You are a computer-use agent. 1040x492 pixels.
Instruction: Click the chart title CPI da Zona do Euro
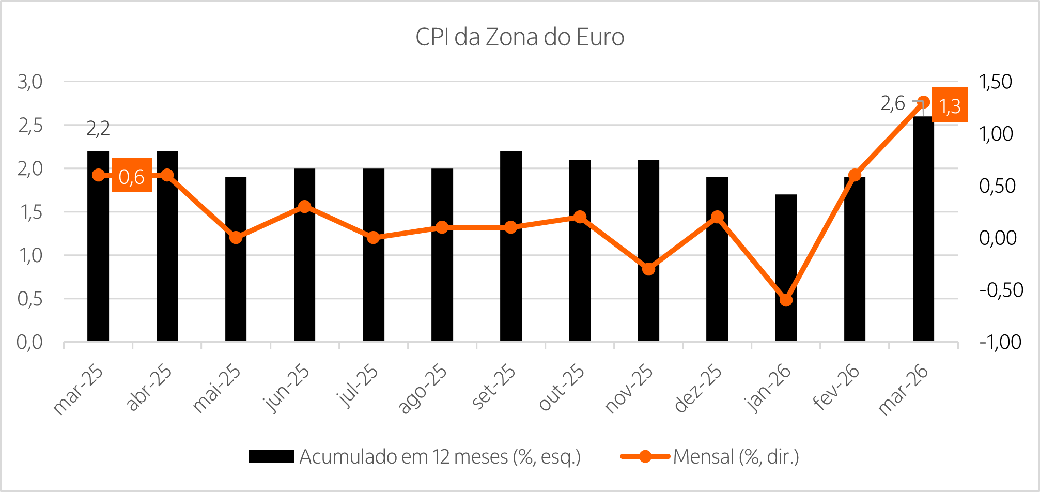pos(520,37)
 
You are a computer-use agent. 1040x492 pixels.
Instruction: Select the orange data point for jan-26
pos(786,300)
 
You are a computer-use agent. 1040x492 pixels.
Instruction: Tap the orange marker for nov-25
pos(648,269)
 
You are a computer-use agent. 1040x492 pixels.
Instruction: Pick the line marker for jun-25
pos(305,207)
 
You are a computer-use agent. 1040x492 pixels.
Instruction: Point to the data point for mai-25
pos(236,238)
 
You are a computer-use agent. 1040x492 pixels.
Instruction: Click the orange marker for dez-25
pos(717,217)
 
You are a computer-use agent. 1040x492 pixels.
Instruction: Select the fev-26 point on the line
pos(855,175)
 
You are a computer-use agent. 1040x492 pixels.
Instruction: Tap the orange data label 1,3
pos(950,105)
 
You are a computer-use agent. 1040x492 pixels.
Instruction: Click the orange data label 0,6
pos(132,176)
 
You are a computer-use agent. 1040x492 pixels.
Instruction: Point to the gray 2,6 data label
pos(893,103)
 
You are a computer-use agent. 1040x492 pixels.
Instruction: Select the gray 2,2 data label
pos(98,129)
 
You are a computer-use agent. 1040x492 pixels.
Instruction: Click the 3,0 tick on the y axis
pos(30,82)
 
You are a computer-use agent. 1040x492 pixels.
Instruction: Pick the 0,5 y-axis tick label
pos(30,299)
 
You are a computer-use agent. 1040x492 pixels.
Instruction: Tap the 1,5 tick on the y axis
pos(30,212)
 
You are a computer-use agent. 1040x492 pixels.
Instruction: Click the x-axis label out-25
pos(562,388)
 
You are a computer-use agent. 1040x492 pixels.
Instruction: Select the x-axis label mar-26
pos(903,390)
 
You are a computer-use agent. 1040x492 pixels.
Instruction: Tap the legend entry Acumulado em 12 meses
pos(440,457)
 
